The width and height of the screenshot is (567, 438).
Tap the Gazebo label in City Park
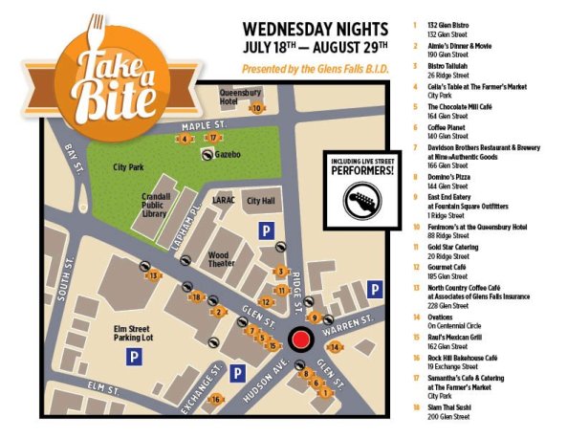[228, 154]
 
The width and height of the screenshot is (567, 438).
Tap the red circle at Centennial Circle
[301, 340]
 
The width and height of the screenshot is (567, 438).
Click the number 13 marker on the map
[154, 276]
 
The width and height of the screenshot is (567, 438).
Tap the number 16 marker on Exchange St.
[217, 399]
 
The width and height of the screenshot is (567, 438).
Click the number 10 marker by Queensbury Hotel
[256, 108]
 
